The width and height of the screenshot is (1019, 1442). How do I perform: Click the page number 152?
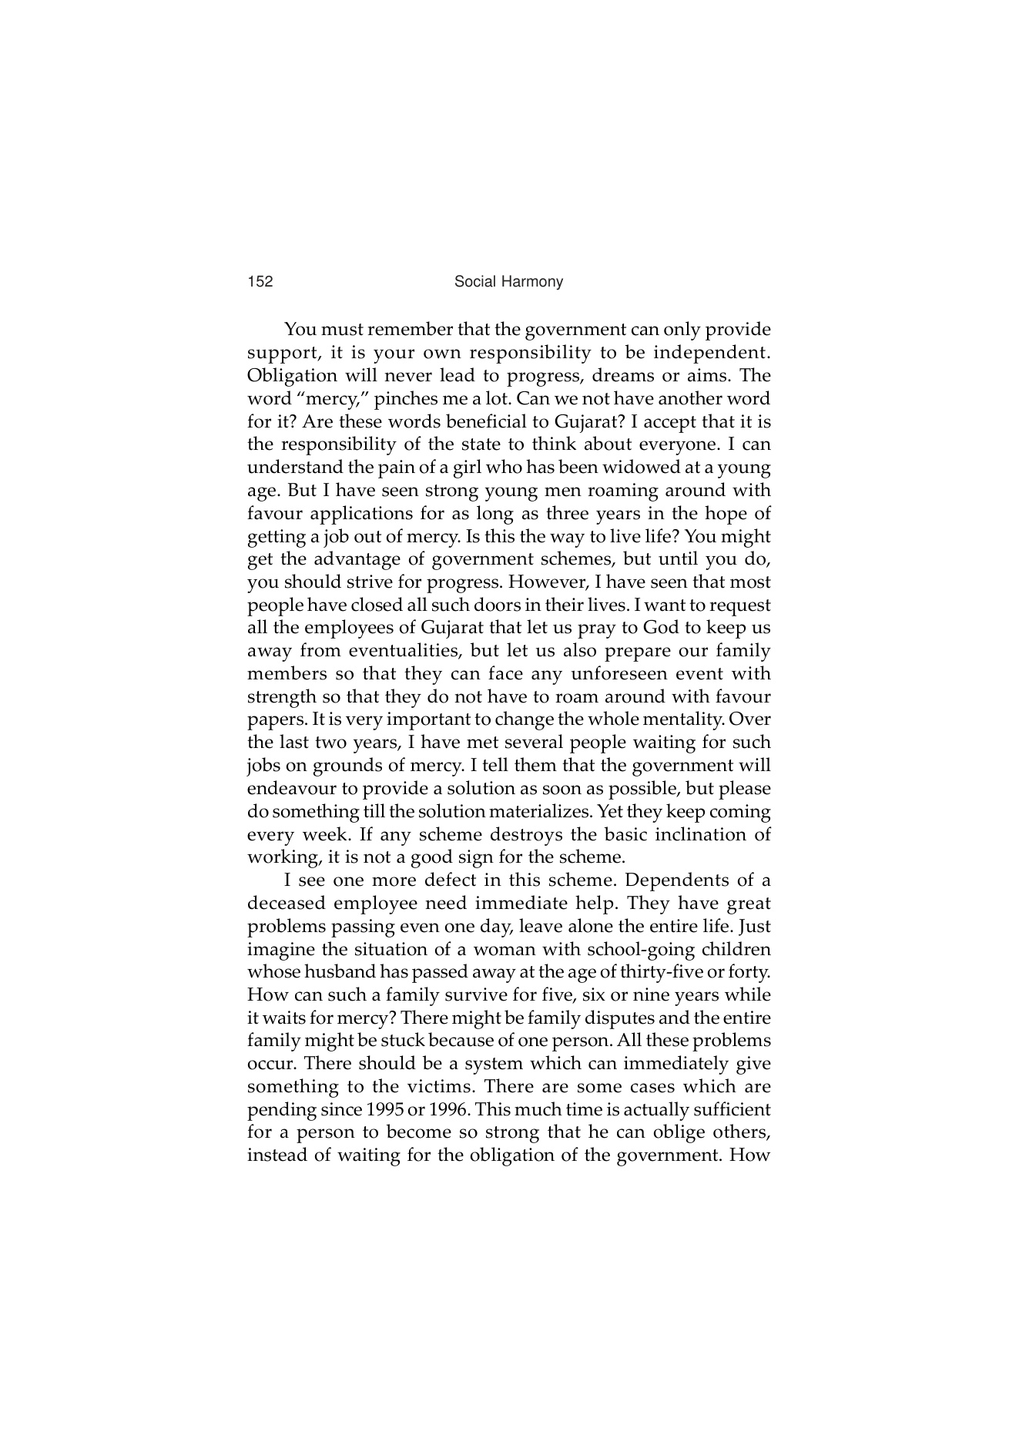point(260,282)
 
